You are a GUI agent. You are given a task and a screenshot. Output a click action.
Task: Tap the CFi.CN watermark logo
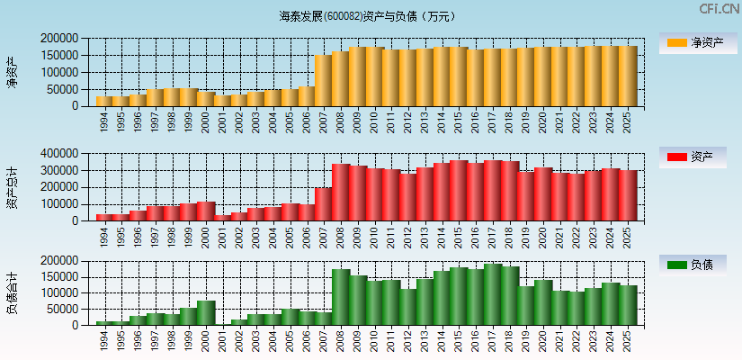(719, 9)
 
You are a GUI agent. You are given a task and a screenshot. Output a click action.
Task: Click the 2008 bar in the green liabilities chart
(341, 297)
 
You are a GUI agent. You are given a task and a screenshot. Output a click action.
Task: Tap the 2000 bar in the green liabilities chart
(206, 312)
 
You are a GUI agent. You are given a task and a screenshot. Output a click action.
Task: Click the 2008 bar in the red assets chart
(341, 192)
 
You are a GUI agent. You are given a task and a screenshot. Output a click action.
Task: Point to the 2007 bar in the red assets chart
(324, 203)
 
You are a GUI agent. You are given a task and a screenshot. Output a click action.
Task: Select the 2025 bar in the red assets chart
(628, 195)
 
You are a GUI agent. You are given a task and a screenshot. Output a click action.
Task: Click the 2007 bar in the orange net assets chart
(324, 81)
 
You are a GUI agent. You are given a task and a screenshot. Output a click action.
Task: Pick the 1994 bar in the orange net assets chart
(104, 101)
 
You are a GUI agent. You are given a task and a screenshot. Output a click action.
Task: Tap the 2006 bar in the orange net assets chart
(307, 96)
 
